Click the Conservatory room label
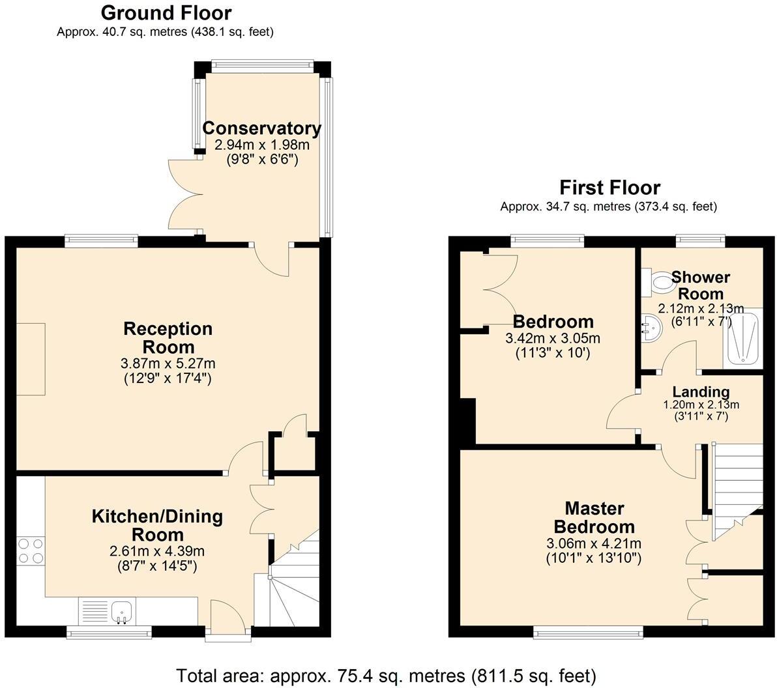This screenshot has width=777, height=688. click(x=261, y=128)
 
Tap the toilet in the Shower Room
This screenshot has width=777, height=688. click(x=661, y=283)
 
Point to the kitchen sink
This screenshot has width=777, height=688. click(x=122, y=611)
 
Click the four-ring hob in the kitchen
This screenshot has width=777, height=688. click(x=30, y=551)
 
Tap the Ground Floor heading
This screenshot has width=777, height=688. click(x=166, y=12)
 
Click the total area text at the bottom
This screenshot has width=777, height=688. click(x=386, y=675)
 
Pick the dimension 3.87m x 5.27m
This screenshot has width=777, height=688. click(x=168, y=364)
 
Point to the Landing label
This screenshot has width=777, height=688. click(x=701, y=392)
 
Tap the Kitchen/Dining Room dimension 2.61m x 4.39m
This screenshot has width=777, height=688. click(x=157, y=551)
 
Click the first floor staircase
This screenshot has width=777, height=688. click(x=738, y=485)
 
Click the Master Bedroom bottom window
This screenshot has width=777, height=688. click(x=589, y=631)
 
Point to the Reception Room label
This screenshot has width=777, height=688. click(x=168, y=337)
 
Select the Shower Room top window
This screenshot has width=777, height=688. click(x=701, y=240)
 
